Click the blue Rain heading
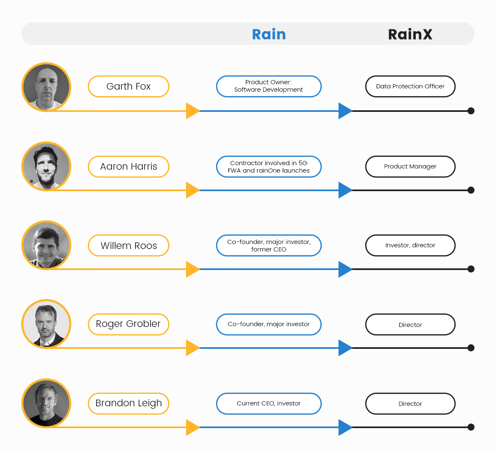pos(269,34)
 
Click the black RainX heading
pos(410,34)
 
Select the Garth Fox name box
pos(129,86)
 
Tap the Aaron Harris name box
pos(129,166)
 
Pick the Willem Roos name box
pos(129,246)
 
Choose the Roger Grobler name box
pos(129,324)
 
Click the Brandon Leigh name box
pos(129,403)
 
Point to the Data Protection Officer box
pos(410,86)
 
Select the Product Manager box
pos(410,166)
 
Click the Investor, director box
pos(410,245)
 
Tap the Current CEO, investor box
pos(269,403)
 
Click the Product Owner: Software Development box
pos(269,86)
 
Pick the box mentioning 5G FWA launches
pos(269,166)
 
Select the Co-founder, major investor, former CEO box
pos(269,246)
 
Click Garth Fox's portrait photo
pos(46,87)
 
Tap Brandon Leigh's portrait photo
pos(46,403)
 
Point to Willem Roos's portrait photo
pos(46,245)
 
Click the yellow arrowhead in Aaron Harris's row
pos(192,190)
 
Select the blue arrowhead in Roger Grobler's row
pos(345,348)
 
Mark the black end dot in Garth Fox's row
pos(471,111)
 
